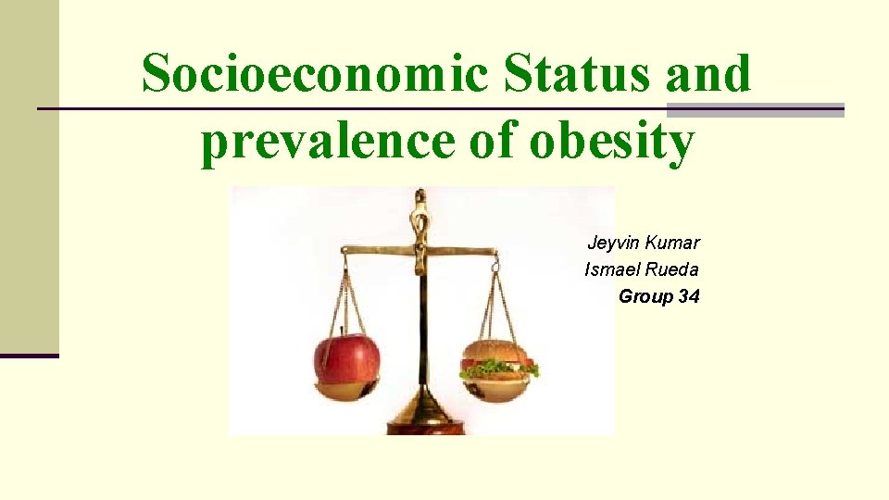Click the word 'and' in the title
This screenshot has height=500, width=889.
[x=708, y=73]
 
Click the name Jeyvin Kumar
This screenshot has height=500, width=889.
[x=644, y=243]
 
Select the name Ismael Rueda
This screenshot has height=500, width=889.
[x=642, y=269]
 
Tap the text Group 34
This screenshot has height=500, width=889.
[x=659, y=296]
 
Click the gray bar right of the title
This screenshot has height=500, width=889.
[x=756, y=110]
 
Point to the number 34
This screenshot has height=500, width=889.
[x=689, y=296]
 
